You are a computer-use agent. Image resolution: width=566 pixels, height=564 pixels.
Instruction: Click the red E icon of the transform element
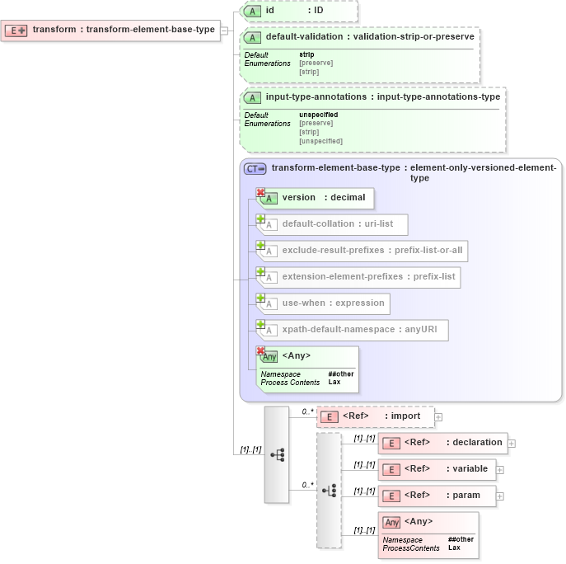point(16,31)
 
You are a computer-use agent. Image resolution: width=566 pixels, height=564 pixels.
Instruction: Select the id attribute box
point(298,11)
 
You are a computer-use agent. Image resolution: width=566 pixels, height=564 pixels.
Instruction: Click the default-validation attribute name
point(303,37)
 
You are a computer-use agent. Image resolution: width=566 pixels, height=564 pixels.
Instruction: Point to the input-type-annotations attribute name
point(316,96)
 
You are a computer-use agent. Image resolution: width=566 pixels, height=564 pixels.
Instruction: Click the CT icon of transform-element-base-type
point(255,168)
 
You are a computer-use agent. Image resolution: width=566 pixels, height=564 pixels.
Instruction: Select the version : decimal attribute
point(317,198)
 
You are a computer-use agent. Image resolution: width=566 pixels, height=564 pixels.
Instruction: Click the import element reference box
point(376,416)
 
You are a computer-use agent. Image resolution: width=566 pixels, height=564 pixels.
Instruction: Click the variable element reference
point(436,469)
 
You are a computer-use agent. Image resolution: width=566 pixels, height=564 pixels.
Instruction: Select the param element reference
point(436,496)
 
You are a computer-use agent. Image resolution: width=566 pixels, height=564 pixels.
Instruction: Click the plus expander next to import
point(438,417)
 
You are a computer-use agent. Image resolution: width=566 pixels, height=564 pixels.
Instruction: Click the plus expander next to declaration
point(512,444)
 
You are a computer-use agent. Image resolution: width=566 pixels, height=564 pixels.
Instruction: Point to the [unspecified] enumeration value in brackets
point(320,141)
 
